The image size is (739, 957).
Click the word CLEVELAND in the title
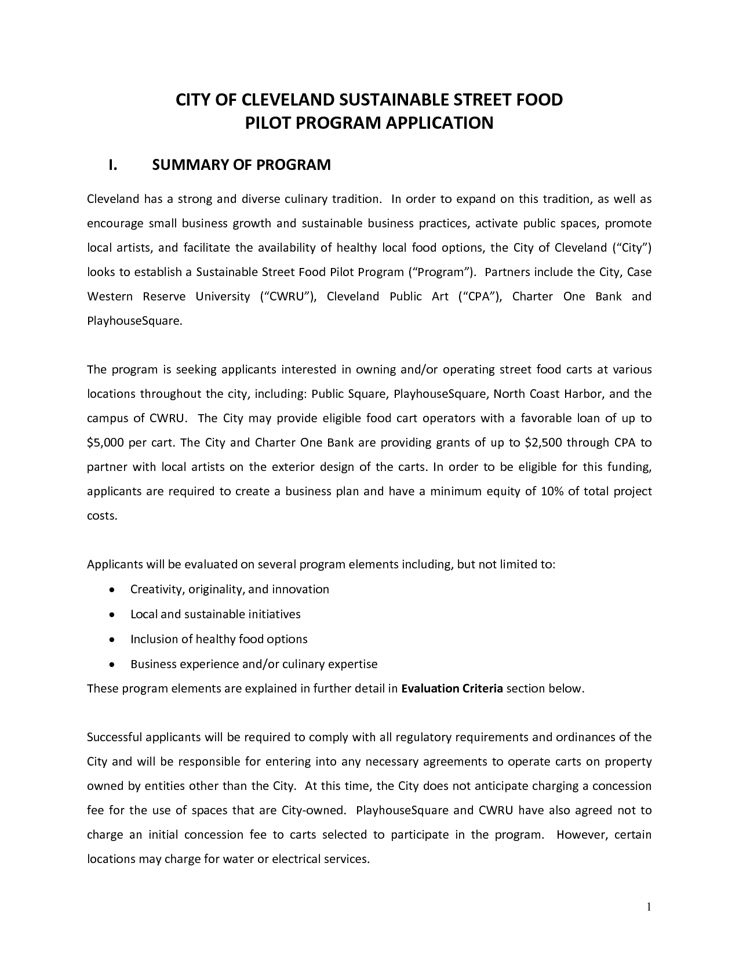pos(283,100)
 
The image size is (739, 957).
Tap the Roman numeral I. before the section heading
pos(114,165)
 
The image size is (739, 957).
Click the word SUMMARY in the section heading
pos(190,165)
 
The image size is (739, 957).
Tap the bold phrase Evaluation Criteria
pos(452,688)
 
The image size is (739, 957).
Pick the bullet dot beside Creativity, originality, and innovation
pos(112,590)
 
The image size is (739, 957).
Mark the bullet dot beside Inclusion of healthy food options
pos(112,640)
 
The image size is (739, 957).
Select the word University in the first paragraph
pos(222,296)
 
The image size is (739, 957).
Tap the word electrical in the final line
pos(301,859)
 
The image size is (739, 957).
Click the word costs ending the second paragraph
pos(101,516)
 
